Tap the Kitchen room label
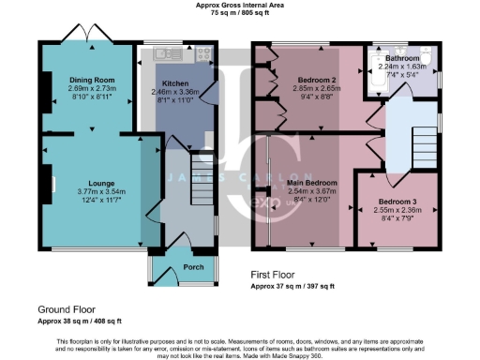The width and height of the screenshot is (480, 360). [x=176, y=82]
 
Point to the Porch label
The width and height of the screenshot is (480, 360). [x=168, y=266]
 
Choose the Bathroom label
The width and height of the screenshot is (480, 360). [x=403, y=58]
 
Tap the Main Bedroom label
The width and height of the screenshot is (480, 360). [x=307, y=181]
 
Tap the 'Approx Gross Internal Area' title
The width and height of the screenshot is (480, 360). [x=239, y=6]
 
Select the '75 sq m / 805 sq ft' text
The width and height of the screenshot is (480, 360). [x=239, y=14]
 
